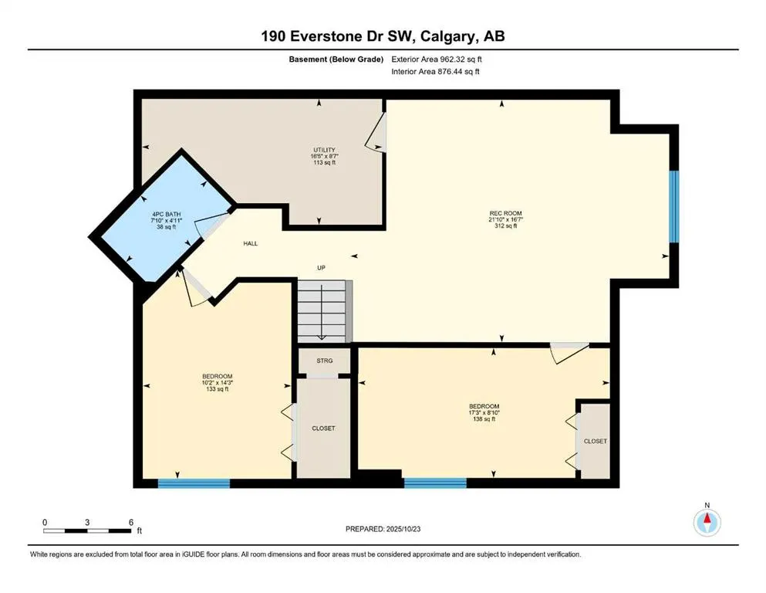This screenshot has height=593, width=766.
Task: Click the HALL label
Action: tap(251, 243)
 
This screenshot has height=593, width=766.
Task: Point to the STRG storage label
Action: tap(324, 360)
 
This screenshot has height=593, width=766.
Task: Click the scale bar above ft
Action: tap(87, 530)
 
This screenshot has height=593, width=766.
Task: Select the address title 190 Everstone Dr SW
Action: tap(383, 36)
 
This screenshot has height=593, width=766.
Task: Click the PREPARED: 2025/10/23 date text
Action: tap(382, 529)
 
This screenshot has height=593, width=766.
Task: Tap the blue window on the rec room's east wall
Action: tap(673, 206)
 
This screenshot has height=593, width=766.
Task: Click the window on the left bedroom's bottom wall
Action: tap(194, 483)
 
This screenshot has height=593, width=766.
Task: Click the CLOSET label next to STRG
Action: tap(323, 428)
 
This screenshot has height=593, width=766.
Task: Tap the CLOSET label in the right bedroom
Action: tap(595, 441)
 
